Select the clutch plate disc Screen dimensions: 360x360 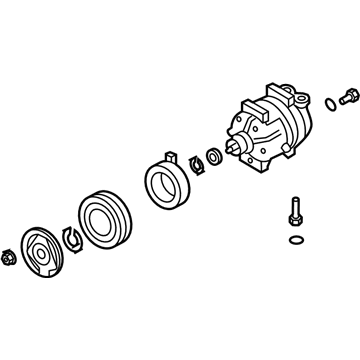pyautogui.click(x=44, y=255)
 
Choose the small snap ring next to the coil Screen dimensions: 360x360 pyautogui.click(x=196, y=162)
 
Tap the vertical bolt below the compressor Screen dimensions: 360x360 pyautogui.click(x=292, y=219)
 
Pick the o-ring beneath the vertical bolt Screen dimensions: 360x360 pyautogui.click(x=293, y=241)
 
